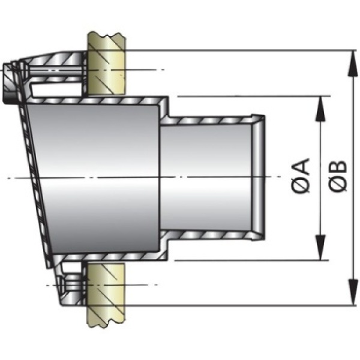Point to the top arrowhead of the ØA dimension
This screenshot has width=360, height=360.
[x=322, y=103]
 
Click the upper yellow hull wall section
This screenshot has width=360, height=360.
[x=107, y=63]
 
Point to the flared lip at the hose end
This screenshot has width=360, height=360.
[x=258, y=176]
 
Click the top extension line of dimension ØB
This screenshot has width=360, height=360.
[x=240, y=50]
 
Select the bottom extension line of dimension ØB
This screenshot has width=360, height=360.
[x=240, y=305]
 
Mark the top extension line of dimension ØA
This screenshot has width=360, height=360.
[x=252, y=95]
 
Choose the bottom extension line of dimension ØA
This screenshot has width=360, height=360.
[x=252, y=260]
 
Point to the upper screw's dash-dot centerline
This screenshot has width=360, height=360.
[x=144, y=71]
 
